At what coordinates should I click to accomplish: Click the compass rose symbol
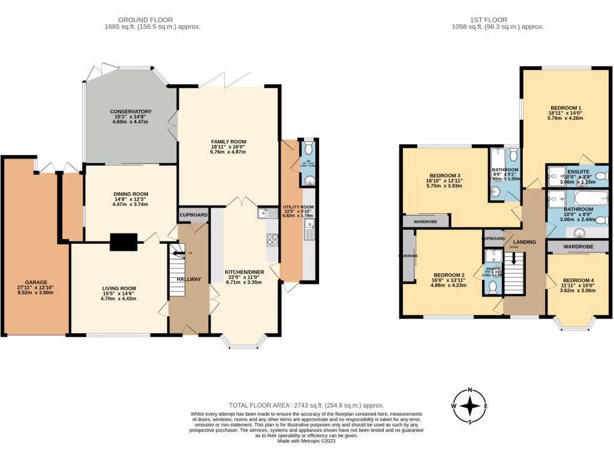point(470,405)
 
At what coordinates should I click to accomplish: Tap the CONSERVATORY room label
point(131,111)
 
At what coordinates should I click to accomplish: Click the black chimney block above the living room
point(124,241)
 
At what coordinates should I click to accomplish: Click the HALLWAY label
point(189,279)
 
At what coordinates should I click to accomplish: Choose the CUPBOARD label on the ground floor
point(193,214)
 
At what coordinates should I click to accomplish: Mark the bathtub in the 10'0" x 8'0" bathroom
point(590,198)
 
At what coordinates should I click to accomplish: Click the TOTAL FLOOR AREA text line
point(306,405)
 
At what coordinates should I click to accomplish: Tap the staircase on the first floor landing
point(513,273)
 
